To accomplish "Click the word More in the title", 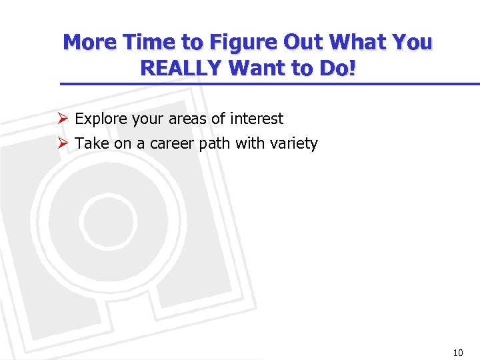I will click(x=89, y=43).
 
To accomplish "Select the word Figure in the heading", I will click(x=245, y=43).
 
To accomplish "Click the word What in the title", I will click(x=365, y=43).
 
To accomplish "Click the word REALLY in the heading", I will click(x=179, y=67).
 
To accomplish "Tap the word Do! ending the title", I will click(x=337, y=67).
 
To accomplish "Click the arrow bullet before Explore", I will click(x=63, y=119).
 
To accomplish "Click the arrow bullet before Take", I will click(x=63, y=143).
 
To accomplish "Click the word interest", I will click(x=257, y=119).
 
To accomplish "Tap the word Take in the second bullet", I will click(x=90, y=143).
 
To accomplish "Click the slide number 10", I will click(x=457, y=353).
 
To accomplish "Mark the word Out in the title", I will click(x=305, y=43).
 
